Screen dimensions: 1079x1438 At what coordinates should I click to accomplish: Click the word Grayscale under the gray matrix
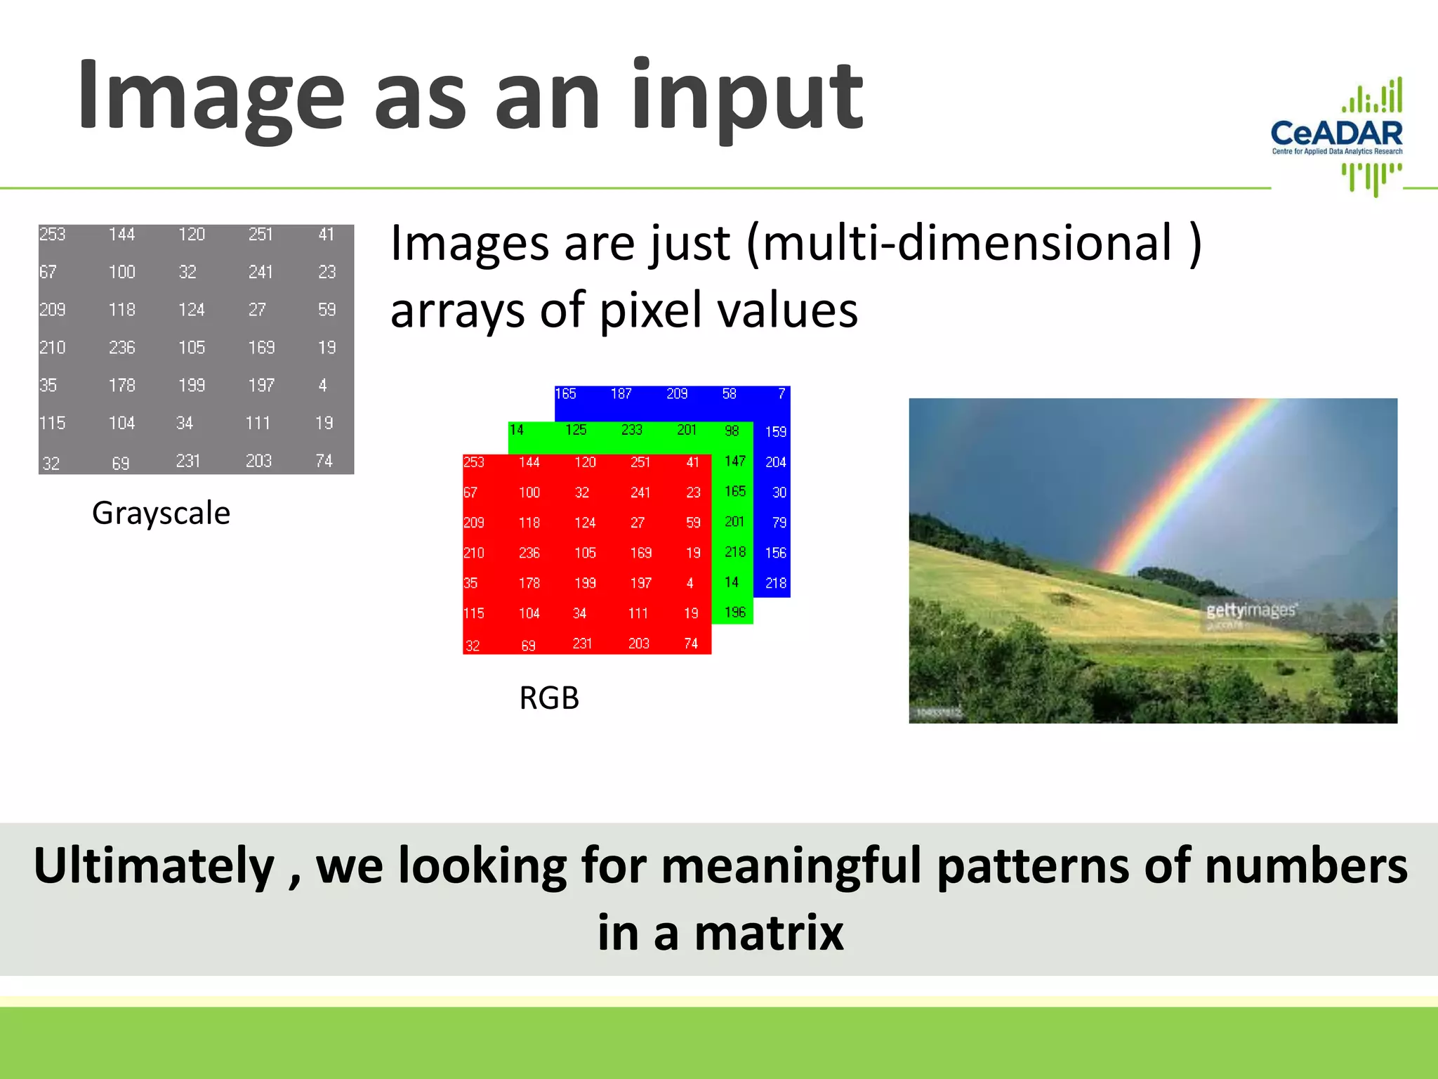click(161, 513)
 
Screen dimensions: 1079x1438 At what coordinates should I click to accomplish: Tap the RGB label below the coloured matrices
click(548, 698)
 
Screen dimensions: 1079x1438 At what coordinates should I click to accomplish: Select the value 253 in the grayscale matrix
click(53, 234)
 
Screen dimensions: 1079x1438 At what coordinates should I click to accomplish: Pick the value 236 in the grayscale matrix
click(121, 348)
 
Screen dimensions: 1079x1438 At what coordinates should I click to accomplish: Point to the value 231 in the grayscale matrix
click(188, 461)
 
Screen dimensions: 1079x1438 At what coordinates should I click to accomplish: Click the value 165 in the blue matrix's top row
click(565, 394)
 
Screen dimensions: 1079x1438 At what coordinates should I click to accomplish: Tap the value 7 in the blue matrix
click(781, 394)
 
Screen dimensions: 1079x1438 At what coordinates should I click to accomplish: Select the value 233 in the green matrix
click(631, 430)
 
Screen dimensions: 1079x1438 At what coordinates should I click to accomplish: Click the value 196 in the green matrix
click(734, 613)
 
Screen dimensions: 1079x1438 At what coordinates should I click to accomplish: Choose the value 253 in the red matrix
click(474, 462)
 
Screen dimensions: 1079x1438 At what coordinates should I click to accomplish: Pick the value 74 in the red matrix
click(691, 643)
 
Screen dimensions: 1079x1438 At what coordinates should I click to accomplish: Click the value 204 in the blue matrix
click(775, 462)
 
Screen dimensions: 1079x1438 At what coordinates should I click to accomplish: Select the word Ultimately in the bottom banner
click(154, 865)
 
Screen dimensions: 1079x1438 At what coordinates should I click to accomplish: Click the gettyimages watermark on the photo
click(1251, 610)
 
